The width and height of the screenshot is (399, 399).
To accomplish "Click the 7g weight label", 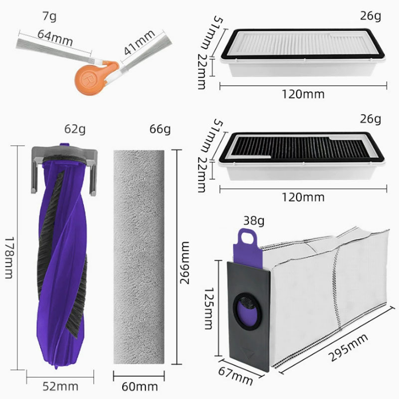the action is (49, 17).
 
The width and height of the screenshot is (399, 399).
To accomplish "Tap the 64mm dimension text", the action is (55, 38).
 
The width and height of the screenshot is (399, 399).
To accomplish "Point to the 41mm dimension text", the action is (140, 42).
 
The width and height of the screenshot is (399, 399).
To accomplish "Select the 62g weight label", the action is (75, 129).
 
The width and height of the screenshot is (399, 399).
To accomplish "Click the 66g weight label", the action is (160, 129).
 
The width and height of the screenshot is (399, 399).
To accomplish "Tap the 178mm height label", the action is (9, 257).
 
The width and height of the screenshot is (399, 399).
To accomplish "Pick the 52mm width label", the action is (60, 387).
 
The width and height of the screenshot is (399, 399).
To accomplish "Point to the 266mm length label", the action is (185, 263).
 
